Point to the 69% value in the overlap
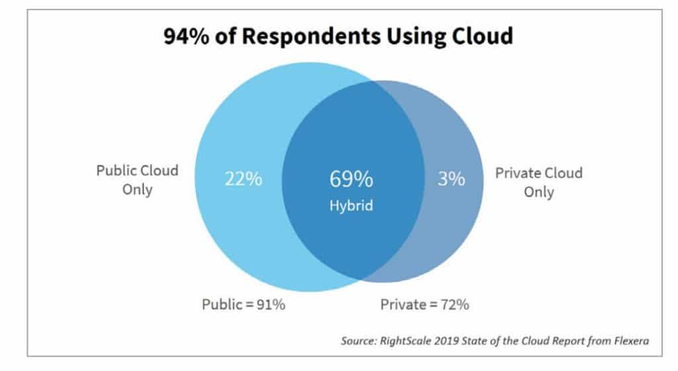[x=351, y=179]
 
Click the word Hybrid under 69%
[x=351, y=205]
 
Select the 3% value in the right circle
[x=451, y=179]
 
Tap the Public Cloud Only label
[x=137, y=180]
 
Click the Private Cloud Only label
[x=538, y=182]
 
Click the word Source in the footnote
[x=358, y=341]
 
